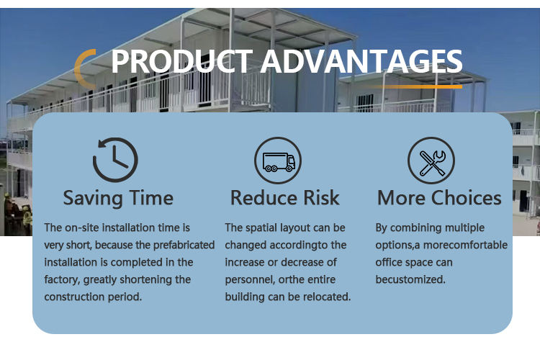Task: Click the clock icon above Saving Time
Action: click(x=115, y=160)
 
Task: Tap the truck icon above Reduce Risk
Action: click(x=278, y=160)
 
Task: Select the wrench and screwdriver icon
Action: click(x=431, y=160)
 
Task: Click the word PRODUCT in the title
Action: click(x=182, y=61)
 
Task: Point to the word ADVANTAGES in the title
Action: click(x=361, y=61)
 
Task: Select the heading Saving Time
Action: click(x=118, y=198)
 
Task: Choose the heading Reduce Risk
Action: click(x=285, y=198)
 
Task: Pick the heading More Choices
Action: click(x=439, y=198)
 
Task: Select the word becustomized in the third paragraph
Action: click(x=410, y=279)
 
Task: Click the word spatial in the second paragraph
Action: click(x=261, y=228)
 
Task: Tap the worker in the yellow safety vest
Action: click(x=27, y=220)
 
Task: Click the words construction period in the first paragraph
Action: click(x=93, y=297)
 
